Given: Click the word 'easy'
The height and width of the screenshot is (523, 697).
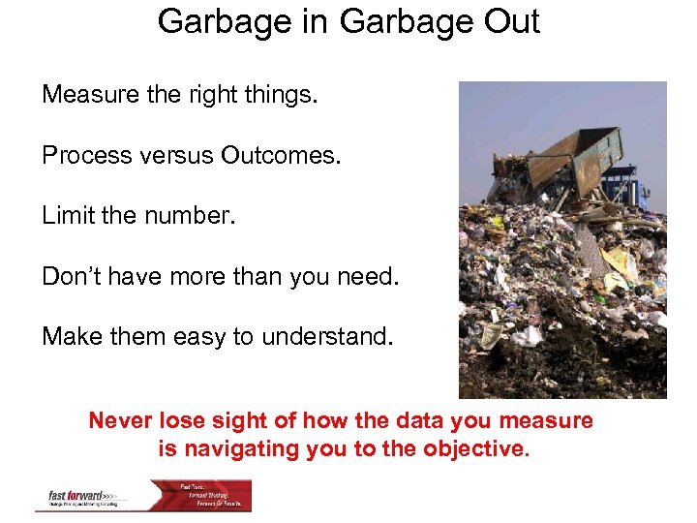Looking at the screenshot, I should point(202,336).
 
